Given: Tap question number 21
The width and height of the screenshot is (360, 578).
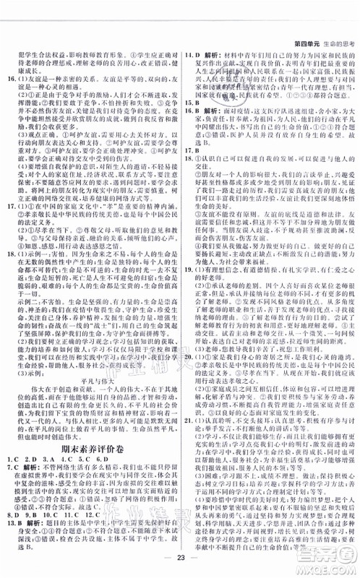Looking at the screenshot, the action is (187, 437).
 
